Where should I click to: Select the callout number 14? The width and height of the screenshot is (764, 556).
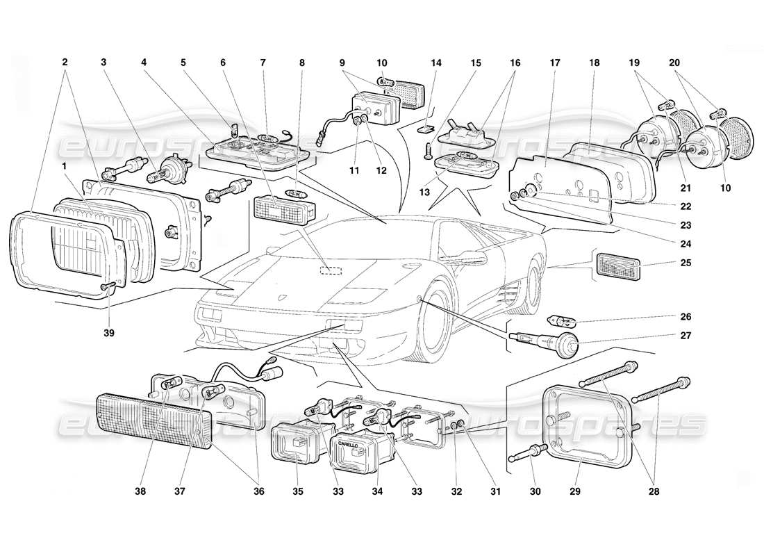tap(435, 62)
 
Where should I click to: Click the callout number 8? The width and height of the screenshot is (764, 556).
tap(301, 62)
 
